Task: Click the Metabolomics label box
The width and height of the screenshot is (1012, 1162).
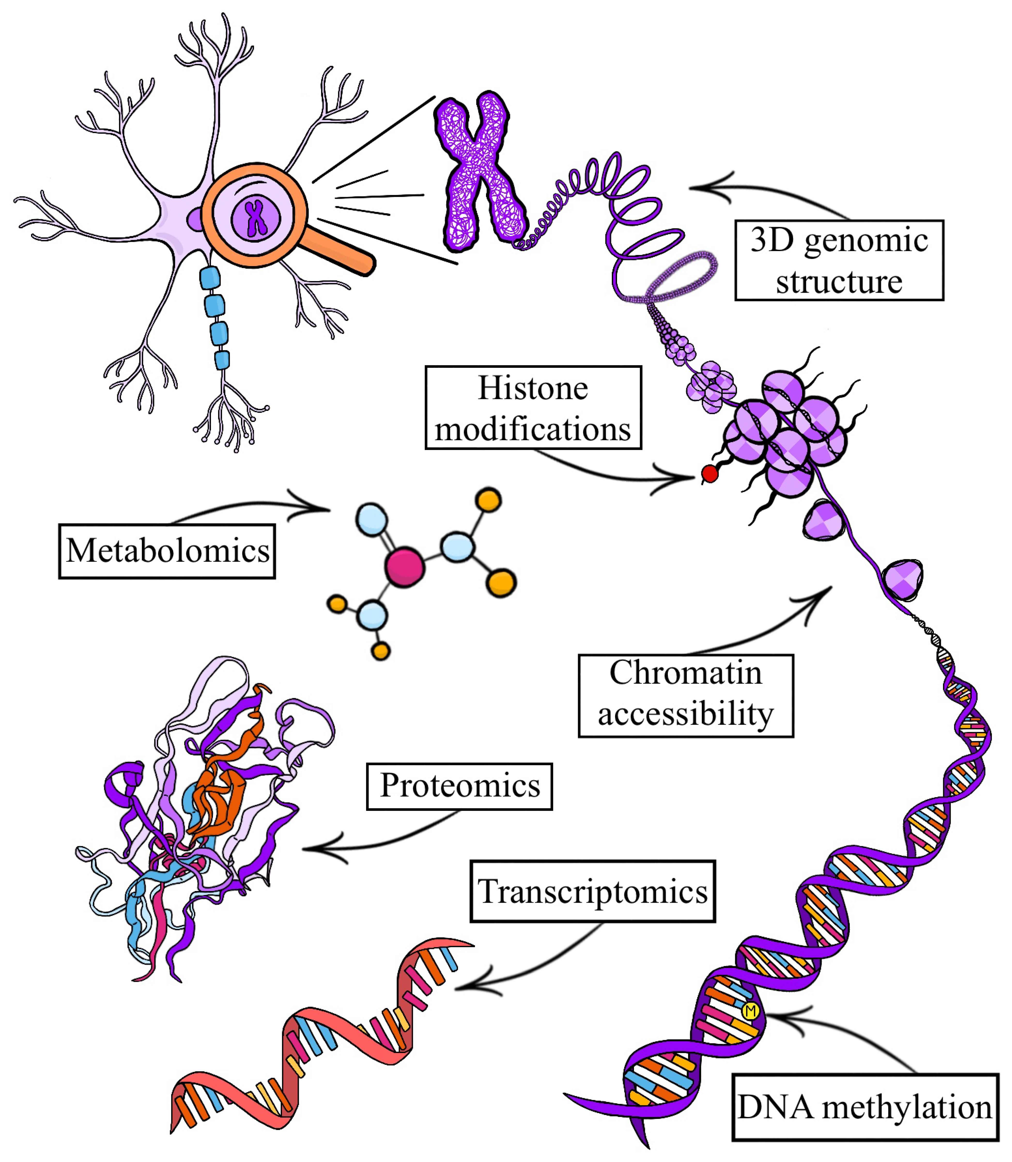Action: (167, 551)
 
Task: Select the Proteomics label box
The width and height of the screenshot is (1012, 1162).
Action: (459, 786)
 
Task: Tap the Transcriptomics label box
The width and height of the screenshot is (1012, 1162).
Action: (592, 892)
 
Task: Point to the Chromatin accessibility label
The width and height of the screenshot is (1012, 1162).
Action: (686, 696)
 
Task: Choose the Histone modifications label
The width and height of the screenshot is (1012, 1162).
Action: (533, 408)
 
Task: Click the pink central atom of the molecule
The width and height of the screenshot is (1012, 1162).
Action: (404, 566)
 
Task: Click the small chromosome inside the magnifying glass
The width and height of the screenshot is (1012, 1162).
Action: (256, 217)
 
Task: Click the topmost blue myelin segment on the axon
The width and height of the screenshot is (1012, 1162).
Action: (210, 278)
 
